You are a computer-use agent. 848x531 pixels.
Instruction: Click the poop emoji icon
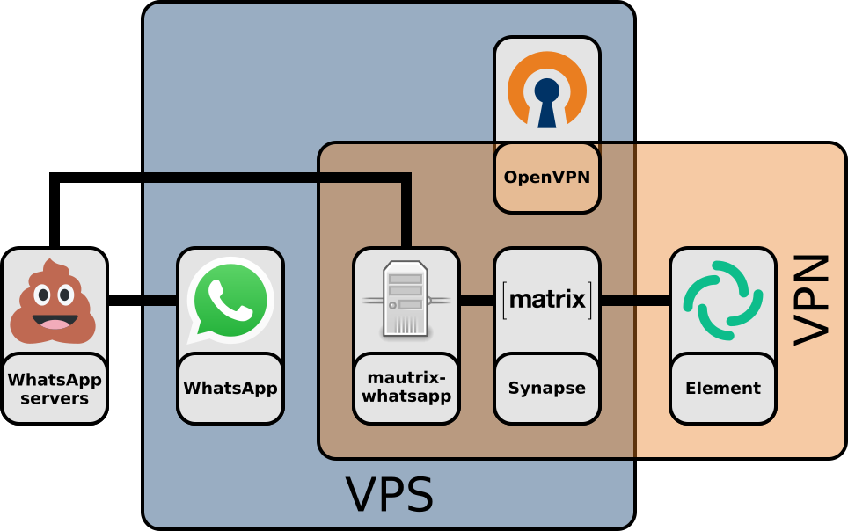(x=53, y=302)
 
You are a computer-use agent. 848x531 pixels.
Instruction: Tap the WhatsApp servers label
(x=55, y=389)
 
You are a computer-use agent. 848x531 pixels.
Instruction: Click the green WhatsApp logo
(x=230, y=300)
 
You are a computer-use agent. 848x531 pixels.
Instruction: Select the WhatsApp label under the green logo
(x=230, y=388)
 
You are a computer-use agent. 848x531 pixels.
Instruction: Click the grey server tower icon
(x=406, y=300)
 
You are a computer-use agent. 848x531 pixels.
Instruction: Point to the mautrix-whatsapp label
(x=406, y=388)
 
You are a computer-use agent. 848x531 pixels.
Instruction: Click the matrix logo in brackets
(x=547, y=300)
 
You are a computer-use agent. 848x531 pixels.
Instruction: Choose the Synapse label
(x=547, y=388)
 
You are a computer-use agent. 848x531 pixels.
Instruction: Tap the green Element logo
(x=722, y=300)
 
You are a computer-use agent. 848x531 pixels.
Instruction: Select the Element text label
(x=723, y=388)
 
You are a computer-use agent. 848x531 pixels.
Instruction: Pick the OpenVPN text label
(x=547, y=178)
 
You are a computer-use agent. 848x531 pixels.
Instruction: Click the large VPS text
(x=389, y=495)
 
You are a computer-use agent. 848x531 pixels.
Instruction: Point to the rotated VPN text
(x=812, y=300)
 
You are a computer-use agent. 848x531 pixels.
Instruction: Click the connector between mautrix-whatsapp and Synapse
(x=477, y=301)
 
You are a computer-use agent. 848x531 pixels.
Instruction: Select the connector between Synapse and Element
(x=635, y=301)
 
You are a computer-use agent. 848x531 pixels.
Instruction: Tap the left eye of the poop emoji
(x=41, y=295)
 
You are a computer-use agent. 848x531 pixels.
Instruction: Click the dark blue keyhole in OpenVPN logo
(x=547, y=98)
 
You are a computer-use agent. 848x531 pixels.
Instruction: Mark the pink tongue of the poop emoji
(x=54, y=324)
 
